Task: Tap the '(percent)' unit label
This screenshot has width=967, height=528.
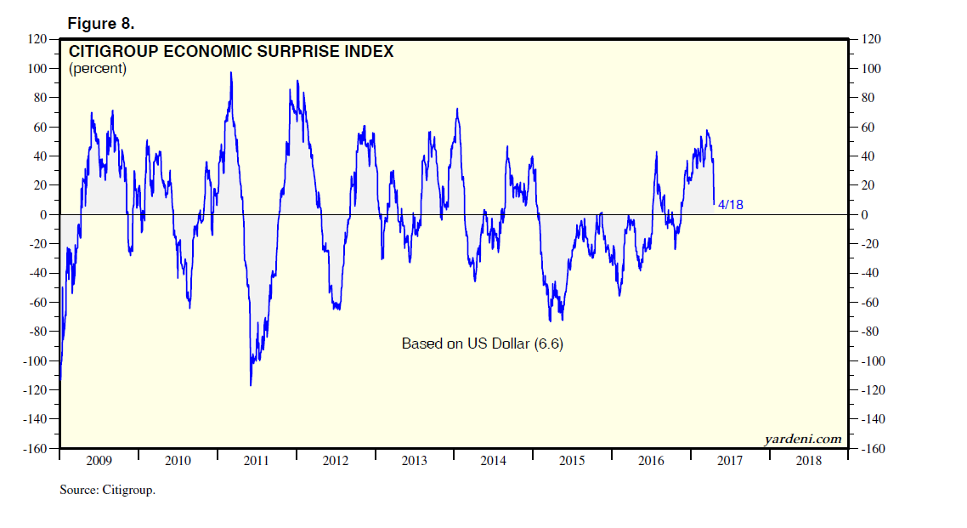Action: (98, 69)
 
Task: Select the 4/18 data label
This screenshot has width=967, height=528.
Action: (731, 205)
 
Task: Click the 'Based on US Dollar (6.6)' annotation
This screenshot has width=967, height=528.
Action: (482, 344)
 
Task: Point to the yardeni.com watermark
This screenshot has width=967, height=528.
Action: (803, 439)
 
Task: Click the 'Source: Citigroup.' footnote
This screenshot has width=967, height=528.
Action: (108, 491)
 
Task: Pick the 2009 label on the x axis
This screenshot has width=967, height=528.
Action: (99, 461)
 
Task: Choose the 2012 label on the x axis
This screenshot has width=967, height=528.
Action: (336, 461)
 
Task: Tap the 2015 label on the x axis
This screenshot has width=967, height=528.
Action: (572, 461)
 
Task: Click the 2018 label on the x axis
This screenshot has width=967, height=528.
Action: (809, 461)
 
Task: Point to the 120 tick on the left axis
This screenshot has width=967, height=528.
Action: (36, 39)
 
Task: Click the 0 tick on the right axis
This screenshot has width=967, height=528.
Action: (865, 215)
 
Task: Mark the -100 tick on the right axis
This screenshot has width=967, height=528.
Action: (874, 361)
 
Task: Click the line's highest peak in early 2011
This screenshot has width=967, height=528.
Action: (231, 72)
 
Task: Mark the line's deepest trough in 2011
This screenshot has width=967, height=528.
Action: (251, 385)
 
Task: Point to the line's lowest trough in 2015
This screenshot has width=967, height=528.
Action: (551, 321)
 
